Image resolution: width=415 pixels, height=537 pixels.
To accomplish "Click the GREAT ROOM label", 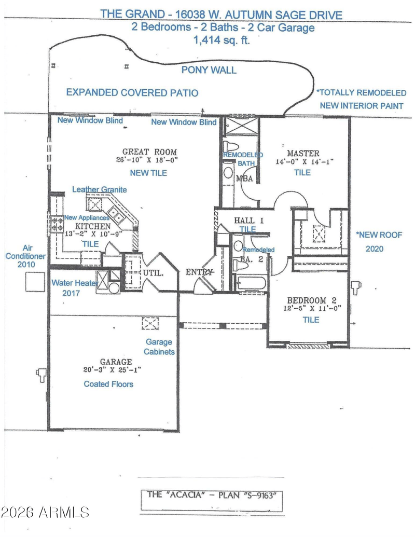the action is tap(149, 152).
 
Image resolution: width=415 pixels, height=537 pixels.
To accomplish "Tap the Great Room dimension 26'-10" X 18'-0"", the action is tap(147, 160).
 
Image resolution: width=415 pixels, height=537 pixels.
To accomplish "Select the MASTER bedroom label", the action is tap(303, 154).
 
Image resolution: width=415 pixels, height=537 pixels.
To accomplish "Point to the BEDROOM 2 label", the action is tap(312, 300).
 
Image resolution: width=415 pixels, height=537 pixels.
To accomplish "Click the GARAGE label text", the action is tap(116, 362).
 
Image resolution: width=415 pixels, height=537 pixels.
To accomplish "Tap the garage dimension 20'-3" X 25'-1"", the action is tap(112, 369).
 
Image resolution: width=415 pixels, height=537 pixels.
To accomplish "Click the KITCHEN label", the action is tap(93, 226).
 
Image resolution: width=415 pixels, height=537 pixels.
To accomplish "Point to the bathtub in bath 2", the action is tap(251, 284).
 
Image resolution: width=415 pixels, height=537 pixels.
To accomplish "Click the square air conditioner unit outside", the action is tap(35, 282).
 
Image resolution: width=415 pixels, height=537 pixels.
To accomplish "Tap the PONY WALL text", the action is tap(209, 70).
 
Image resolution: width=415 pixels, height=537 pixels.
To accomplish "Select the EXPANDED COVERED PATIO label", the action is tap(132, 92).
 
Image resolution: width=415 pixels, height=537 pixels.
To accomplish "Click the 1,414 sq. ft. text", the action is tap(222, 40).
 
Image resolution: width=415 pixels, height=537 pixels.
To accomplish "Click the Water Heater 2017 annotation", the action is tap(74, 287).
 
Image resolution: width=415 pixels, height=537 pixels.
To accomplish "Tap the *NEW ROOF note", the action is tap(379, 235).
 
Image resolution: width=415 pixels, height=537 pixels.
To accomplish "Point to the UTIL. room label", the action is tap(153, 273).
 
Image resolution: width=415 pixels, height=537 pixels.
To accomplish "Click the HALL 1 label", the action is tap(248, 220).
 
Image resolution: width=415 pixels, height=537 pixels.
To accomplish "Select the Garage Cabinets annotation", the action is tap(159, 347).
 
